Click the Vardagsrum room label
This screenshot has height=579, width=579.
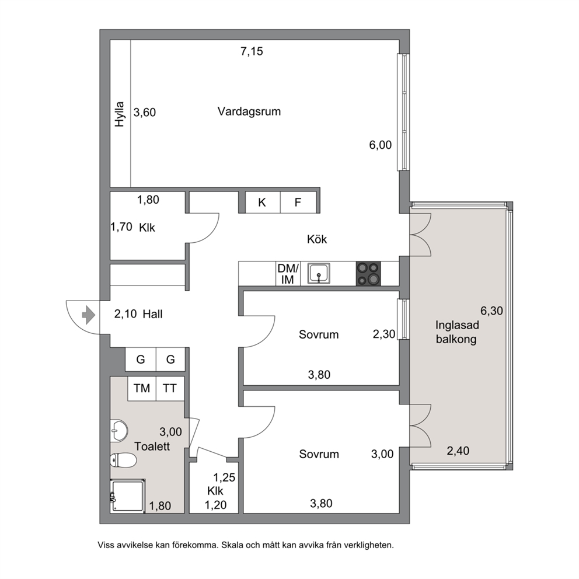click(249, 111)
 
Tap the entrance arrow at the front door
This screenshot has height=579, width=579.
click(88, 315)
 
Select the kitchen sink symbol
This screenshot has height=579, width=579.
click(319, 274)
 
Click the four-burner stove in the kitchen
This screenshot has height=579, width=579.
click(368, 274)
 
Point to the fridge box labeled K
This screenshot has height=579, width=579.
click(263, 203)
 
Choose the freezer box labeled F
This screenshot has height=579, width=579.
click(298, 203)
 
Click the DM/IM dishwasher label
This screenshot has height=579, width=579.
click(288, 274)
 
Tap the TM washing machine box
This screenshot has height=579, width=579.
click(142, 389)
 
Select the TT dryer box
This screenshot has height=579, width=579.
click(170, 389)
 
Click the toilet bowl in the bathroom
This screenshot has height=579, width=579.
click(123, 461)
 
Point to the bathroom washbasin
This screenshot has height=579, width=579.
click(119, 430)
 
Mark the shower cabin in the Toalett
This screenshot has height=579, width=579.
click(127, 496)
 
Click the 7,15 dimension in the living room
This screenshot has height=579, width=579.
click(252, 51)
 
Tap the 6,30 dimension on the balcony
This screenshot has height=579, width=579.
click(491, 311)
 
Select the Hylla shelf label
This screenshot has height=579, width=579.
click(119, 114)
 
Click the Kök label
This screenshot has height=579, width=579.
click(317, 239)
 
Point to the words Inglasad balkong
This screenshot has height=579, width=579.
click(457, 332)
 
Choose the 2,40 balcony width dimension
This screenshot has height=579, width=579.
click(458, 451)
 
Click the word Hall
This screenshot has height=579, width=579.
click(152, 314)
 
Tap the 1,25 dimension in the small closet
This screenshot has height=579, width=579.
click(224, 477)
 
